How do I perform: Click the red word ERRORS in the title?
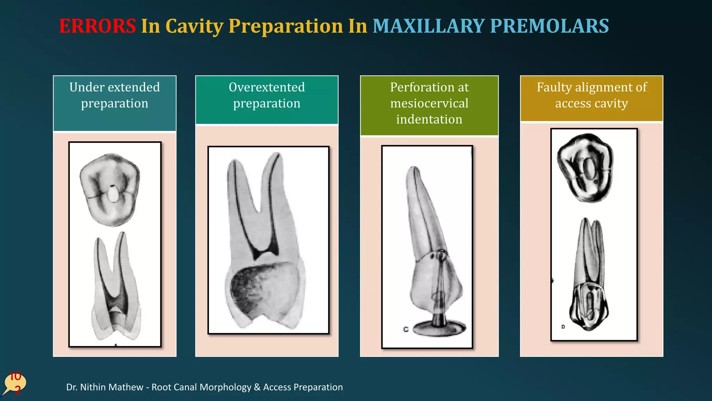click(97, 26)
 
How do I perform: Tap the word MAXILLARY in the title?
click(428, 26)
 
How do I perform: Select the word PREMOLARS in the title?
click(549, 26)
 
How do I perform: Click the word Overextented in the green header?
click(267, 87)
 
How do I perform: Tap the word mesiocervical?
click(429, 103)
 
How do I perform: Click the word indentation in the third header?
click(429, 119)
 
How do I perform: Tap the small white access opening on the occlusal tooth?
click(112, 195)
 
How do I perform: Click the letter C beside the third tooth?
click(406, 329)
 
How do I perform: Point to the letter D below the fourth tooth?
click(563, 327)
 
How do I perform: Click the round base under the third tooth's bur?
click(440, 329)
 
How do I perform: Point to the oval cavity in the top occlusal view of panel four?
click(589, 169)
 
